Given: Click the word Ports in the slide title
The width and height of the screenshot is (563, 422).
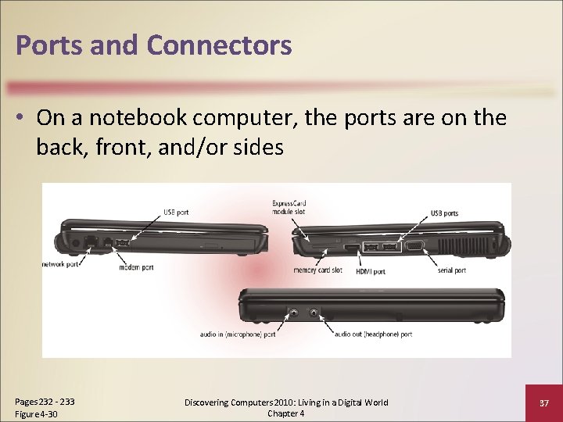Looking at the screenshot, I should point(49,45).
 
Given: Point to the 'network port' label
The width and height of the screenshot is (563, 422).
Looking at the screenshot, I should point(61,264).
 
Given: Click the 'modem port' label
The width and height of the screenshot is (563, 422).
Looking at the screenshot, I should point(137,267).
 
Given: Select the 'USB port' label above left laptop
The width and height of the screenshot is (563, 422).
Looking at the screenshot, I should point(176,212).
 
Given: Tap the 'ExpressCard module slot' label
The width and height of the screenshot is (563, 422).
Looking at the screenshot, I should point(289,207).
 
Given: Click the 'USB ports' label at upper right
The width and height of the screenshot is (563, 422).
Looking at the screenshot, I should point(445,213).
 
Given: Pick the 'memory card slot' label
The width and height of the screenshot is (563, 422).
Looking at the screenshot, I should point(319,270).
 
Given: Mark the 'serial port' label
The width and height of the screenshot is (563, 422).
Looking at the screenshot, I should point(451,270).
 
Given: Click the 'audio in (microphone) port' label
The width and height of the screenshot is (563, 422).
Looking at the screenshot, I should point(237,334).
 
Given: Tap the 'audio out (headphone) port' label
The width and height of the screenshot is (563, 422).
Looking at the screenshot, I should point(374,334).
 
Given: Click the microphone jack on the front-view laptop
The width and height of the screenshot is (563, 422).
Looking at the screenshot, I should point(293,313).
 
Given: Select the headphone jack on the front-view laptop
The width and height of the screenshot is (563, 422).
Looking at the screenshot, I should point(314,313).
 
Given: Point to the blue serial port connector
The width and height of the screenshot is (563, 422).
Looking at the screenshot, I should point(414,248).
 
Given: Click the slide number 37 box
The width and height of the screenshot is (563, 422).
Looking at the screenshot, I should point(543,402).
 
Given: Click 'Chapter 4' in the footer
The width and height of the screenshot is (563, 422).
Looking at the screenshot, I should point(285,413).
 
